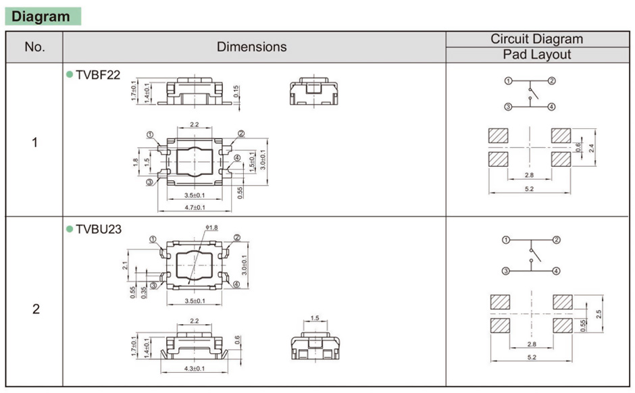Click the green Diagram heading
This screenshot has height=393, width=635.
[42, 17]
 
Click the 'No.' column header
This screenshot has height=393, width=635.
[34, 47]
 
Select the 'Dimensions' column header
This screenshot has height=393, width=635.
[251, 47]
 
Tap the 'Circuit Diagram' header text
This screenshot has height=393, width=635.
[536, 39]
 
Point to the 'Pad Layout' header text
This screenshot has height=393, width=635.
[536, 55]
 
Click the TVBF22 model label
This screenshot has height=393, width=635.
[98, 75]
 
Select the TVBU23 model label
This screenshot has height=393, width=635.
[99, 229]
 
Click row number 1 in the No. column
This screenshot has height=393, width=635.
[35, 143]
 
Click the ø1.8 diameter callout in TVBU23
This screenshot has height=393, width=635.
[211, 228]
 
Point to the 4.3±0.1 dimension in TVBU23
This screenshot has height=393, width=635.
[195, 369]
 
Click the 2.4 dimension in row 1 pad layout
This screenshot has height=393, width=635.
[592, 147]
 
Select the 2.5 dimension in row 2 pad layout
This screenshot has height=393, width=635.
[597, 314]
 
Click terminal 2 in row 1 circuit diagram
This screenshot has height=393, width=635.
[552, 81]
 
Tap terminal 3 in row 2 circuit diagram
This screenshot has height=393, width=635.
[506, 271]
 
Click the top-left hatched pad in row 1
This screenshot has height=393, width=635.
[499, 135]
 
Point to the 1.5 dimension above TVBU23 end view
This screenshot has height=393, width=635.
[315, 318]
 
